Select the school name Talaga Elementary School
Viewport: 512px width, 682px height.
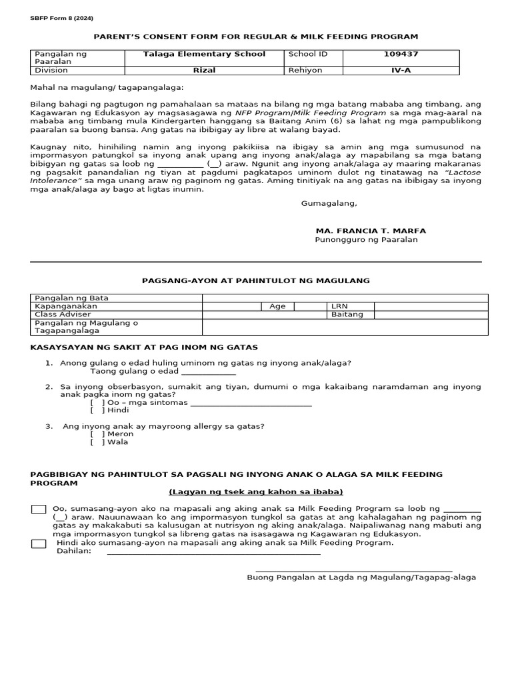tap(204, 54)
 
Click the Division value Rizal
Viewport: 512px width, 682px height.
tap(204, 70)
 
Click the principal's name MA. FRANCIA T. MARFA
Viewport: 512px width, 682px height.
tap(371, 230)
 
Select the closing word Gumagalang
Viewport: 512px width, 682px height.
tap(329, 203)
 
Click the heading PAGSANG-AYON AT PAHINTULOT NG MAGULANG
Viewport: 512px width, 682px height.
tap(256, 281)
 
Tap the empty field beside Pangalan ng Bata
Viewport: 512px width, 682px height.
tap(345, 298)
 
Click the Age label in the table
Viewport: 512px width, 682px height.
tap(277, 306)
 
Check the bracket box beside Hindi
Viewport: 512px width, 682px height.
tap(97, 410)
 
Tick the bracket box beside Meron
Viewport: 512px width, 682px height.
tap(97, 434)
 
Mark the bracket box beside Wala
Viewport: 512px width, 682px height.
tap(97, 442)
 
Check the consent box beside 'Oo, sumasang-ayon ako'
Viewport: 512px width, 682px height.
tap(39, 510)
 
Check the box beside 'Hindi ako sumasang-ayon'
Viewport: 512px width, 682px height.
tap(39, 543)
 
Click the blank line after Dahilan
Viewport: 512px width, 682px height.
tap(213, 552)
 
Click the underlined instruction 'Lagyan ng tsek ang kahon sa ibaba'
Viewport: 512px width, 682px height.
tap(256, 492)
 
